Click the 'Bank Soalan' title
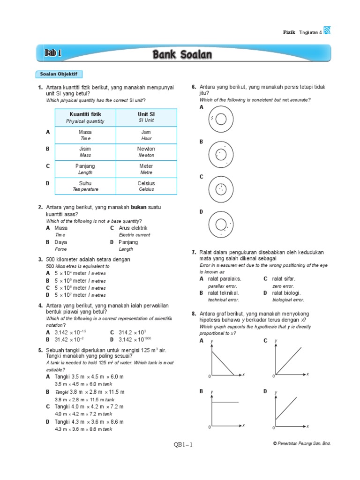182,55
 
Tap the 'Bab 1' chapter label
53,53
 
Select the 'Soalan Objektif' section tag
59,74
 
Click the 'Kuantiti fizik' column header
85,114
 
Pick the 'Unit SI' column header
146,114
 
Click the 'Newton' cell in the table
146,149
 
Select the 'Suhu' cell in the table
85,183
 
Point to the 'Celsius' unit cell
146,183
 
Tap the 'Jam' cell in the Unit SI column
146,132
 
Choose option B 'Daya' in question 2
60,242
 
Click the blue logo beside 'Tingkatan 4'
327,31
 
